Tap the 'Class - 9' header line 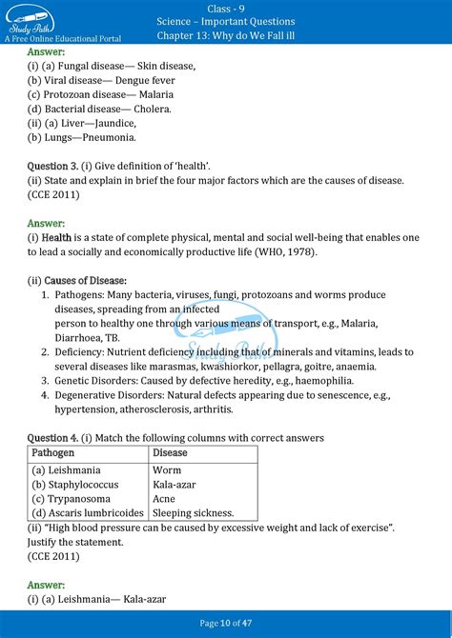pyautogui.click(x=226, y=7)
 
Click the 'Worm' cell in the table pyautogui.click(x=167, y=469)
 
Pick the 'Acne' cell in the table pyautogui.click(x=165, y=498)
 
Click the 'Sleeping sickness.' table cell pyautogui.click(x=193, y=512)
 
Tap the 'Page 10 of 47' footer pyautogui.click(x=226, y=624)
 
